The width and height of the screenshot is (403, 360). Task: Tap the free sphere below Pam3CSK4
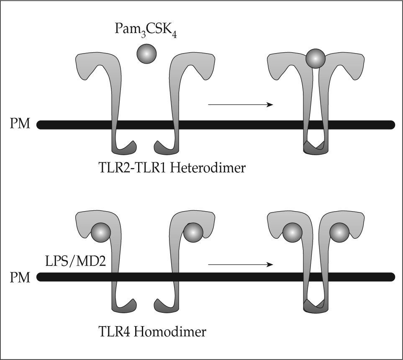click(146, 54)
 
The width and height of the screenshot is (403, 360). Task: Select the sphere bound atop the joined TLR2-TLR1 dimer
click(315, 59)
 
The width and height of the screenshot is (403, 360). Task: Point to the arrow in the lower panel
click(240, 264)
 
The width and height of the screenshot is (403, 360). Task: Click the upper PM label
click(20, 124)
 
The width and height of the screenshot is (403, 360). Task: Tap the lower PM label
click(20, 277)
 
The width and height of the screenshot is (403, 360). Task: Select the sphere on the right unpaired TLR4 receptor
click(193, 231)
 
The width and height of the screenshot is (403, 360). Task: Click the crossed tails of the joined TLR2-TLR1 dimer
click(315, 147)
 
